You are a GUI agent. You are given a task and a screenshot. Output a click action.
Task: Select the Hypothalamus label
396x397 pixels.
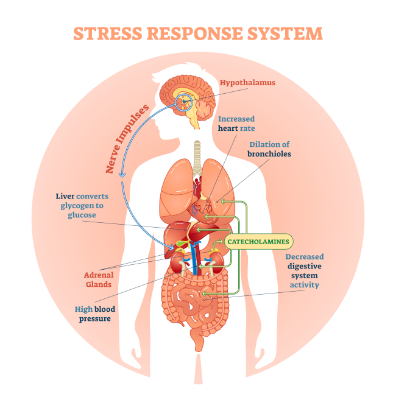pyautogui.click(x=247, y=82)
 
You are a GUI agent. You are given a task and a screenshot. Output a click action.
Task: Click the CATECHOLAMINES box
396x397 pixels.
pyautogui.click(x=258, y=242)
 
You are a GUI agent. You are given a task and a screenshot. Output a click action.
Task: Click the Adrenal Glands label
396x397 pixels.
pyautogui.click(x=97, y=279)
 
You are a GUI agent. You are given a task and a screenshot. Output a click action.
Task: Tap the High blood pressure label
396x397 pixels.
pyautogui.click(x=94, y=314)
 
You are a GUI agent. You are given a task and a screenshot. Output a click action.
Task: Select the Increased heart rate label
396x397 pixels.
pyautogui.click(x=236, y=124)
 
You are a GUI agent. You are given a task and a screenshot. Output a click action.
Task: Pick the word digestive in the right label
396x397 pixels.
pyautogui.click(x=305, y=266)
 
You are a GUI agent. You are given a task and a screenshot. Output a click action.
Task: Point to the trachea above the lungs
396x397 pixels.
pyautogui.click(x=196, y=152)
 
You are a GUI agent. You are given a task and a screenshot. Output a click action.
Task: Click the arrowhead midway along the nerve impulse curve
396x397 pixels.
pyautogui.click(x=122, y=176)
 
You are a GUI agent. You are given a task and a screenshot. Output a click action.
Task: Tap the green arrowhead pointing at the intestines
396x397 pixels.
pyautogui.click(x=205, y=294)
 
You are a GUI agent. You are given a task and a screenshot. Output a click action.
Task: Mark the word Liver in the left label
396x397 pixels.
pyautogui.click(x=64, y=197)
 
